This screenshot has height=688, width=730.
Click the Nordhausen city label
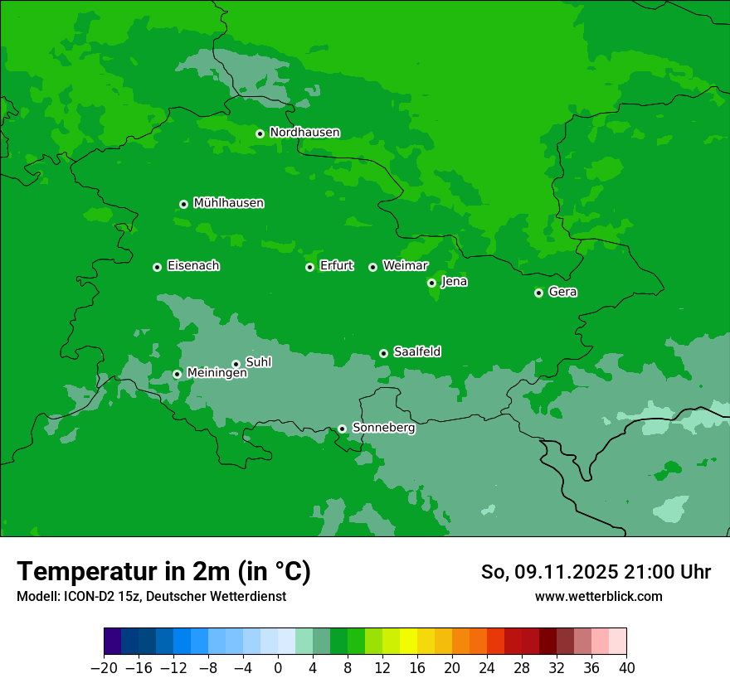coord(304,133)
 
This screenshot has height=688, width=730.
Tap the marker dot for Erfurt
coord(309,267)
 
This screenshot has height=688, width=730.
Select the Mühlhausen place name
coord(228,203)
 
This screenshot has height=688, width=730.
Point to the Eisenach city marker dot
coord(157,267)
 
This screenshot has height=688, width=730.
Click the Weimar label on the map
coord(405,266)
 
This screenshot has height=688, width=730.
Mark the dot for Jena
coord(431,283)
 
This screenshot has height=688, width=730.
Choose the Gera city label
coord(562,292)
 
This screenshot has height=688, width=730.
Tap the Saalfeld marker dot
coord(383,353)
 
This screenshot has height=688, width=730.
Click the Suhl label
coord(258,362)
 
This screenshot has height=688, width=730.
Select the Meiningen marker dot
coord(177,374)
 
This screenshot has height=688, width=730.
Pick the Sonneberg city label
coord(383,428)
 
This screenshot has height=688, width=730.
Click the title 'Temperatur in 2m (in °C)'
coord(163,571)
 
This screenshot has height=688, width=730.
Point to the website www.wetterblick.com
coord(598,596)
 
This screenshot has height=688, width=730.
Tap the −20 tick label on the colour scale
coord(104,668)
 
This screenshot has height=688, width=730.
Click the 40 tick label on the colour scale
coord(626,668)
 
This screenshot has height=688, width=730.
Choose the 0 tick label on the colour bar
coord(278,668)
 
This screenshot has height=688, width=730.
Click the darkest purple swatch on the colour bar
coord(112,642)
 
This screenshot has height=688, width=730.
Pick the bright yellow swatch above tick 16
coord(408,642)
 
